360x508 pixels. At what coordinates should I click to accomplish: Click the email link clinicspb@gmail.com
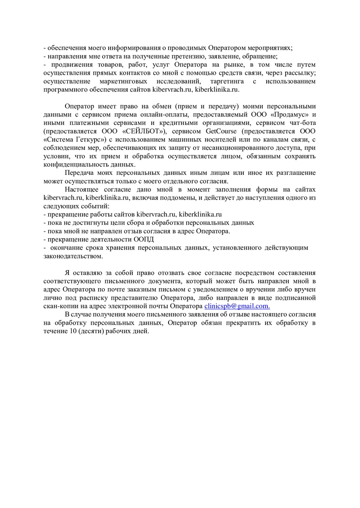(237, 306)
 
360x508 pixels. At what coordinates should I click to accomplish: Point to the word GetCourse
(221, 131)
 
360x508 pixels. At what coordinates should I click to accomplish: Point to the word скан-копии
(59, 306)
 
